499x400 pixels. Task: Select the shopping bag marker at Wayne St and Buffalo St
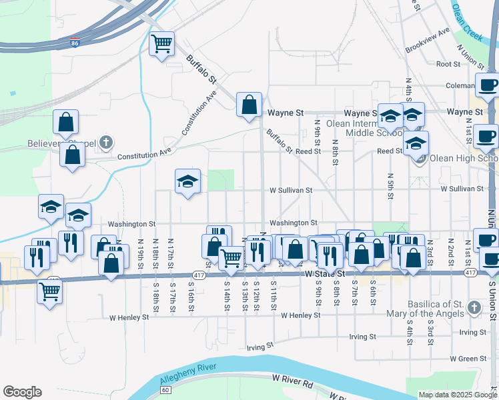coord(249,105)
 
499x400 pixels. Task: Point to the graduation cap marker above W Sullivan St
coord(188,181)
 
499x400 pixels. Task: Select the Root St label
coord(448,64)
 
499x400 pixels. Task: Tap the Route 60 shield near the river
coord(166,387)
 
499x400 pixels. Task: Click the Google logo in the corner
coord(22,392)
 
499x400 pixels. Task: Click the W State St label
coord(326,273)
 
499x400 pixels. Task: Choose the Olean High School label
coord(463,159)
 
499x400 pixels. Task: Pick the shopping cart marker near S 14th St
coord(231,257)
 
